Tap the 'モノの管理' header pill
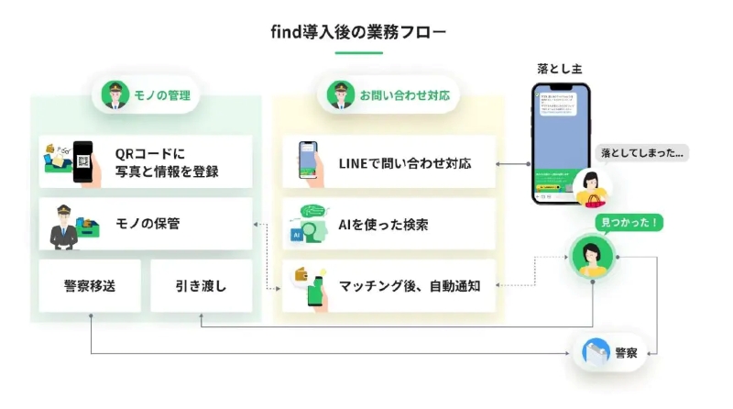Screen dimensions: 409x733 [x=146, y=94]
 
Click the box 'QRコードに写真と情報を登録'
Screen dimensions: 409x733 [x=146, y=161]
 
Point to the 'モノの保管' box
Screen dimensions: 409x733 [x=146, y=223]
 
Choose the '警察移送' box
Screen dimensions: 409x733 [x=90, y=285]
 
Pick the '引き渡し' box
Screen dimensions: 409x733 [x=201, y=285]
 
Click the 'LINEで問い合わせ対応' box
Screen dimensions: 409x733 [x=388, y=162]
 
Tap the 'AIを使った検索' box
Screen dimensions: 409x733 [x=388, y=224]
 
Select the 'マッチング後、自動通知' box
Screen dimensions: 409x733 [x=388, y=285]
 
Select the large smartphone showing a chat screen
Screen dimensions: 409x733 [x=561, y=144]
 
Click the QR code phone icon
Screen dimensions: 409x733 [x=83, y=161]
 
